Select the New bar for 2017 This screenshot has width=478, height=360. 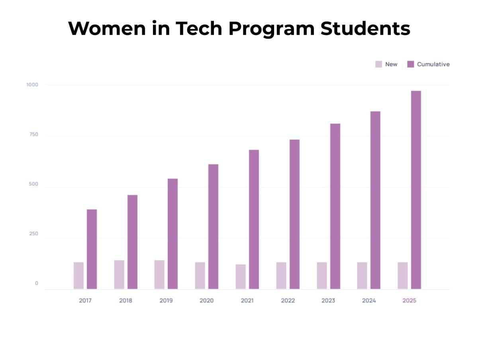tap(78, 276)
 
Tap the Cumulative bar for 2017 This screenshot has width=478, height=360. tap(92, 249)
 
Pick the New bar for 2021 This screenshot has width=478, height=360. tap(241, 276)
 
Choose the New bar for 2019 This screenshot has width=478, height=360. tap(159, 274)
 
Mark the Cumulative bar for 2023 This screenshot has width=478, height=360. tap(335, 206)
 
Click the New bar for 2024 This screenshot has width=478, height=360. tap(362, 276)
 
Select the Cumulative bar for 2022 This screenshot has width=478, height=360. tap(294, 214)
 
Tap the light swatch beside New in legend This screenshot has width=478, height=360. tap(378, 64)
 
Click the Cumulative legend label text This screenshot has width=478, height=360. tap(433, 64)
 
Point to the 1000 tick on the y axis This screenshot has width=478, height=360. tap(32, 84)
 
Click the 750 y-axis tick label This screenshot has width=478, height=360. tap(33, 134)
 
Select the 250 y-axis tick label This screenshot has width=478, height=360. tap(33, 234)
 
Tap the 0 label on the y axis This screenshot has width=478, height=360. tap(37, 283)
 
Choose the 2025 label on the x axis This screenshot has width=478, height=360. tap(409, 301)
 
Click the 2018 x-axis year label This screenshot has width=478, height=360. tap(125, 301)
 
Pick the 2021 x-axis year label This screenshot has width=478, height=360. tap(247, 301)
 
